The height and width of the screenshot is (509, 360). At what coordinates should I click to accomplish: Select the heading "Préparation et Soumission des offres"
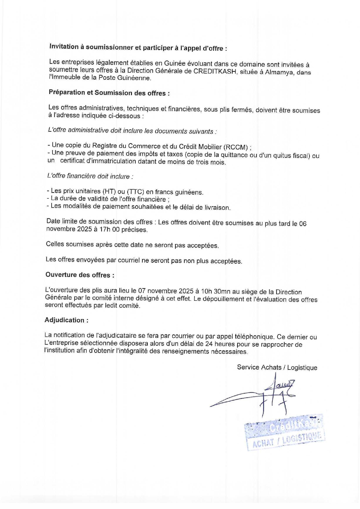coord(109,93)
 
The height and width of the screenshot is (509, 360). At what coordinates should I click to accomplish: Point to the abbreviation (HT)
coord(109,191)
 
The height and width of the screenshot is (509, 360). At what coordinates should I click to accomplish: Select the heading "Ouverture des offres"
coord(80,275)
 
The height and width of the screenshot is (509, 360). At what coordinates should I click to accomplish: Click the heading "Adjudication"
coord(66,320)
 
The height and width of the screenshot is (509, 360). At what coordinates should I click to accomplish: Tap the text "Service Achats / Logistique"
coord(277,367)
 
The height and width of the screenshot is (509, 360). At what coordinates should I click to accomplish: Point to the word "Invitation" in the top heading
coord(64,47)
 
